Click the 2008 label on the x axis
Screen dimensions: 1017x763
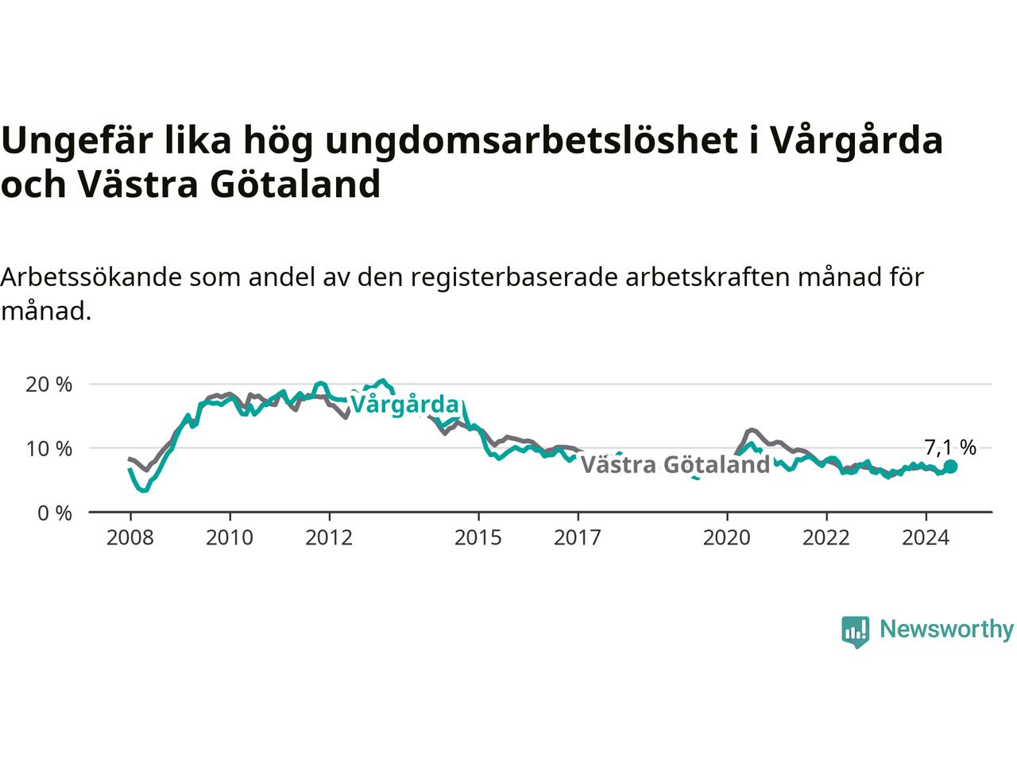click(x=130, y=538)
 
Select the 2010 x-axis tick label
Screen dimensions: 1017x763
click(x=230, y=538)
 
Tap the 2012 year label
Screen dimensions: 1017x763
click(x=329, y=538)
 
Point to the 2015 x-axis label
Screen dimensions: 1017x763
click(x=478, y=538)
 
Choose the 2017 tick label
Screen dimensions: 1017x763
click(x=578, y=538)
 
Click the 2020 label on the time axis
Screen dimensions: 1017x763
click(x=726, y=538)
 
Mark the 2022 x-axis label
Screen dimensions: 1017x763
click(x=826, y=538)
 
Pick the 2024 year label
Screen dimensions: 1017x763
click(x=926, y=538)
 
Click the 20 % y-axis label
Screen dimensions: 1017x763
click(x=49, y=385)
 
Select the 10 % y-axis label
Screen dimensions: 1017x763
click(x=49, y=448)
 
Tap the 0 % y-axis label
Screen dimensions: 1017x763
click(x=55, y=513)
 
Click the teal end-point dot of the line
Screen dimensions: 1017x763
click(x=950, y=467)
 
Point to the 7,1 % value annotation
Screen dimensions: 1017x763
click(x=950, y=447)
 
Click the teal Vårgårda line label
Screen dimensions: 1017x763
click(x=404, y=405)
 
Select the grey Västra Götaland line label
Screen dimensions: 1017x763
click(x=675, y=464)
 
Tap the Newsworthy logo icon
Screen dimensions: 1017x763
click(x=855, y=632)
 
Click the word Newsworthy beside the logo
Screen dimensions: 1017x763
click(x=946, y=629)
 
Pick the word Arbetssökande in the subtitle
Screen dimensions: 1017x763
click(x=91, y=277)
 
